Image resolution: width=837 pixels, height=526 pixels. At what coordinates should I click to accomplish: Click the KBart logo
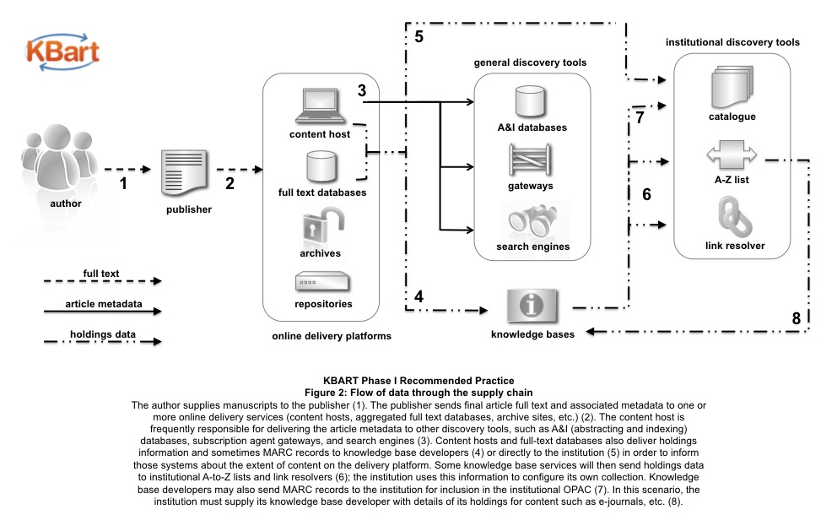62,50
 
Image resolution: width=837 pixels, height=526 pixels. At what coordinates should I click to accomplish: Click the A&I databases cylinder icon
532,101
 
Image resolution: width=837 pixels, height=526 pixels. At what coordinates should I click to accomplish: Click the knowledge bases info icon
532,306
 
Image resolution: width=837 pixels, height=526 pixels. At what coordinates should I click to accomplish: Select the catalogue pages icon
731,88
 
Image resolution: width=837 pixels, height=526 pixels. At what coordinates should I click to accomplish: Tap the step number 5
419,37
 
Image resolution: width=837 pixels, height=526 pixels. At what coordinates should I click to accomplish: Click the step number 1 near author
124,181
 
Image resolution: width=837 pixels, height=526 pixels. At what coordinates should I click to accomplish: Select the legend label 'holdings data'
101,333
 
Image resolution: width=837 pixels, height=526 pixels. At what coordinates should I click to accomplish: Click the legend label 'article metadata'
101,303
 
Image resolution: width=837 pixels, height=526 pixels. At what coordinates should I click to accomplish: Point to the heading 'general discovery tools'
530,62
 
